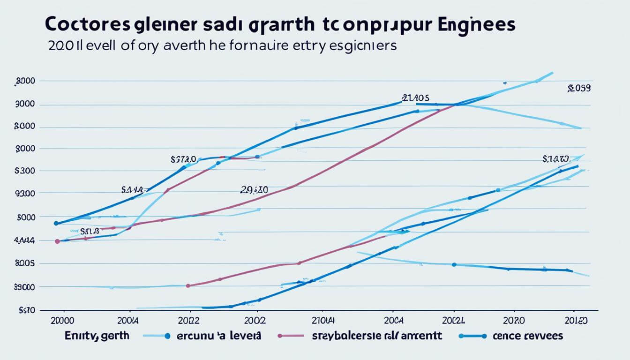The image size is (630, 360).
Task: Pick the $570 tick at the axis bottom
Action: coord(27,310)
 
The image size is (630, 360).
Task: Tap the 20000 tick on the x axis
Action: coord(61,321)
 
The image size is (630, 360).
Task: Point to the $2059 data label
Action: coord(578,88)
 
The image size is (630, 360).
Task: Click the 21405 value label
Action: coord(416,98)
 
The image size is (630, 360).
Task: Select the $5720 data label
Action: coord(186,159)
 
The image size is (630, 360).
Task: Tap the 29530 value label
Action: coord(254,190)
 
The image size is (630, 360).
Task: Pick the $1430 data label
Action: coord(555,159)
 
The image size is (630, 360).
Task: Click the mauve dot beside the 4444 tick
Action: coord(57,241)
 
